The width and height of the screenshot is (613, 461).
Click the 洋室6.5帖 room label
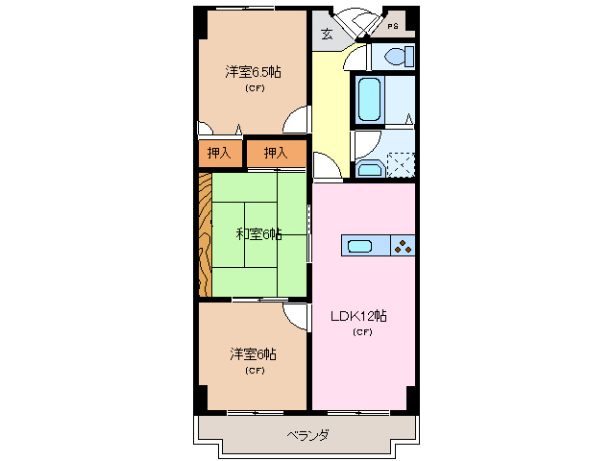pyautogui.click(x=254, y=72)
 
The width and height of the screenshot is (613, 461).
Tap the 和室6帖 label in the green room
pyautogui.click(x=258, y=233)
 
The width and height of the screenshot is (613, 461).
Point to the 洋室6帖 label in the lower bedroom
pyautogui.click(x=254, y=354)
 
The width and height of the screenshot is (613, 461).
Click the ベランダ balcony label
pyautogui.click(x=307, y=435)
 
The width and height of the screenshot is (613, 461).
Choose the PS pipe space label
pyautogui.click(x=392, y=26)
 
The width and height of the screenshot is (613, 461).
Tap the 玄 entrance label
pyautogui.click(x=327, y=35)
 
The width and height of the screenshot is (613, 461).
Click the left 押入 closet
pyautogui.click(x=219, y=153)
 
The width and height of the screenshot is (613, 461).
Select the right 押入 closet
pyautogui.click(x=276, y=153)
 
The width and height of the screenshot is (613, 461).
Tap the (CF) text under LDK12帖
pyautogui.click(x=361, y=332)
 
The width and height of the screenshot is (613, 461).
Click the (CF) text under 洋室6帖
pyautogui.click(x=254, y=370)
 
